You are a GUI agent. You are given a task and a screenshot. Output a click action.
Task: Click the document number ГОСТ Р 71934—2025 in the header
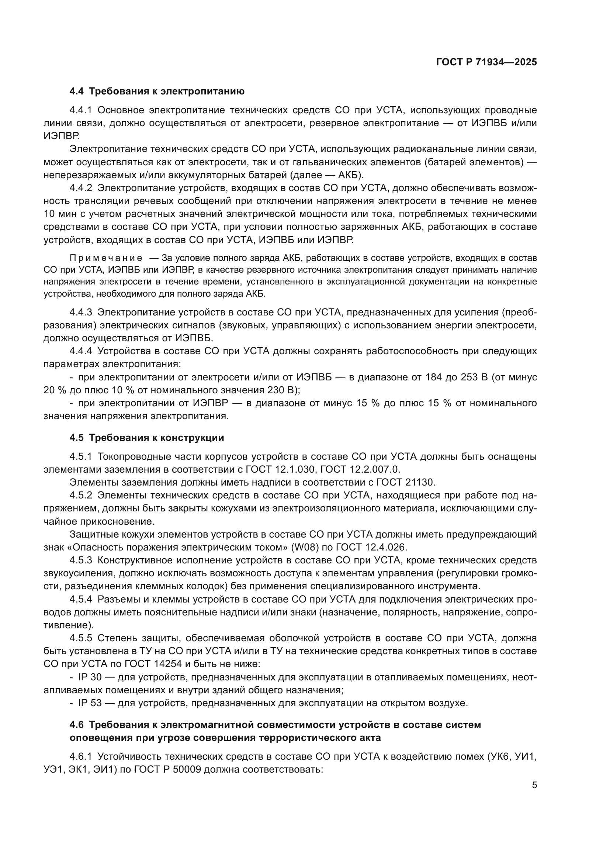[486, 62]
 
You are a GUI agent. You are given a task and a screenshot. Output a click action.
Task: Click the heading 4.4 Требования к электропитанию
[157, 92]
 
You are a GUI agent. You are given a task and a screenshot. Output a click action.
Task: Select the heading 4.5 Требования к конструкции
[146, 438]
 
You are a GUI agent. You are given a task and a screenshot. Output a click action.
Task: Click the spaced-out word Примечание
[106, 258]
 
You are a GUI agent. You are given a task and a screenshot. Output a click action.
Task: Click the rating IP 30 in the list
[90, 677]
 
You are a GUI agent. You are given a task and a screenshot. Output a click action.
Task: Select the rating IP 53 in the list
[90, 703]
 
